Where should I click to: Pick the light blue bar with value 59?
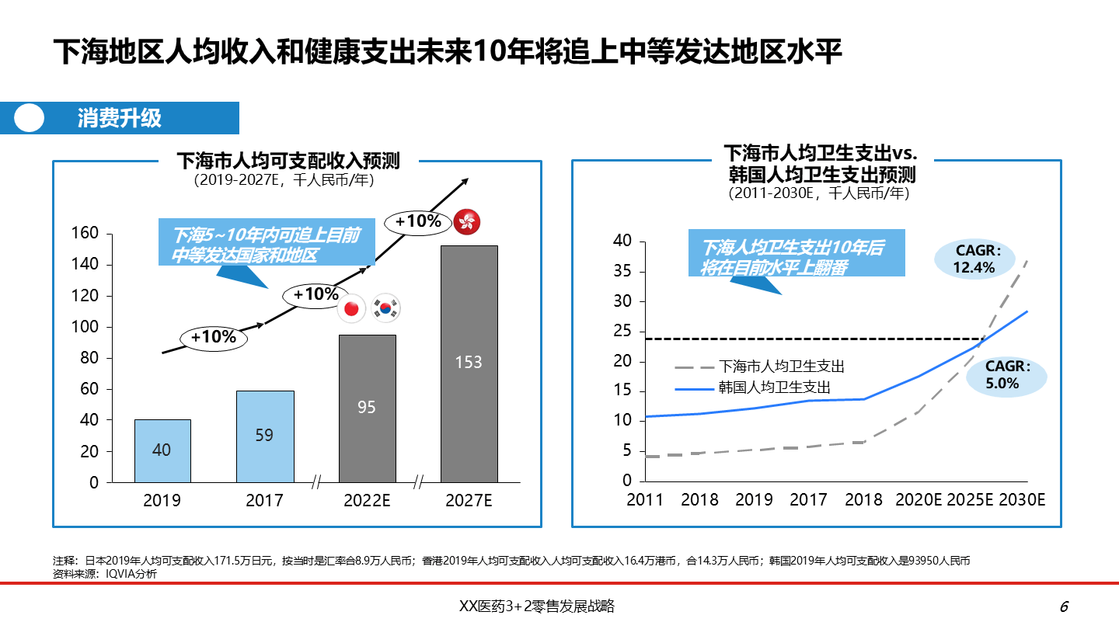(264, 436)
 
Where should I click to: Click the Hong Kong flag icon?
(467, 222)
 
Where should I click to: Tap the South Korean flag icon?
(385, 308)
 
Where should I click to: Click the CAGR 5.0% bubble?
(1007, 375)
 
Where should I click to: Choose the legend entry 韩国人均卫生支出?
(774, 387)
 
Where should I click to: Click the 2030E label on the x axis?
(1021, 500)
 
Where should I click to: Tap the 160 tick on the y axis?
(85, 234)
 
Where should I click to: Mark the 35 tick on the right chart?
(622, 272)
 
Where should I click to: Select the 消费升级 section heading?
(119, 118)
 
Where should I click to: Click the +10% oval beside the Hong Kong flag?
(418, 221)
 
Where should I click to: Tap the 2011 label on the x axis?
(645, 500)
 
